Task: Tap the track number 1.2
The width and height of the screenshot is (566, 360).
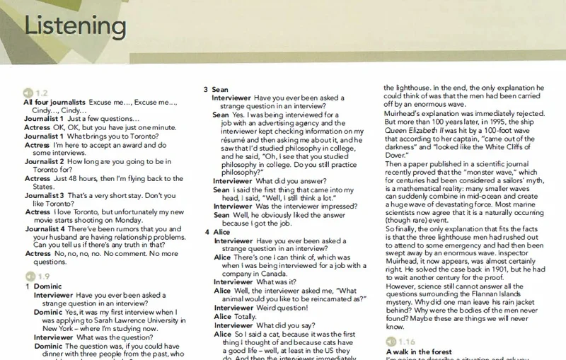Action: point(41,93)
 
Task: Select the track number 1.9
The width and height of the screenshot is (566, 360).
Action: point(42,276)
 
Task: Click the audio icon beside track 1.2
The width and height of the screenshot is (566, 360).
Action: point(28,93)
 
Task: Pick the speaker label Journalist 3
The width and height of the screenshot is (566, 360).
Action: point(45,194)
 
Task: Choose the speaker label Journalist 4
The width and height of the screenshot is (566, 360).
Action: point(45,228)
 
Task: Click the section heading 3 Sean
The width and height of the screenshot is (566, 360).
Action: point(215,89)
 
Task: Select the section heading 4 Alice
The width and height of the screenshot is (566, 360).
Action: point(216,232)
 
